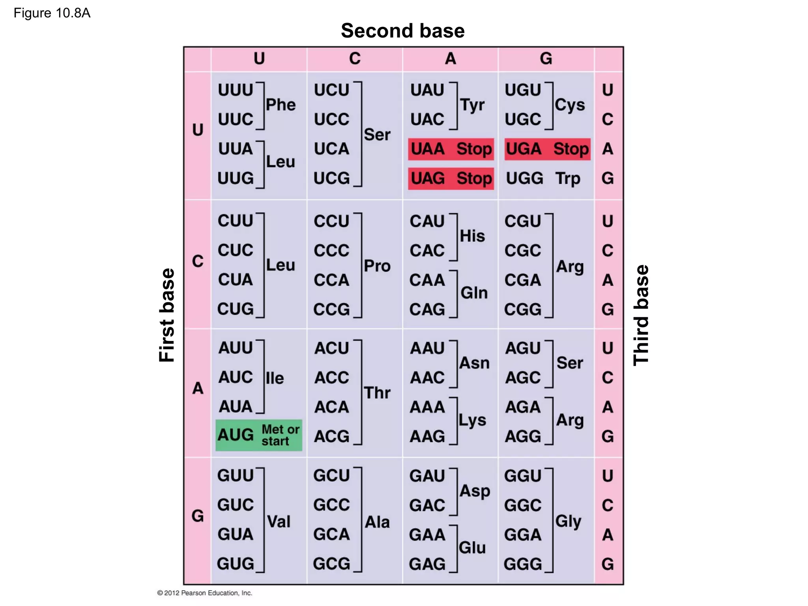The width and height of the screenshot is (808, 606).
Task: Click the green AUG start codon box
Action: pos(259,435)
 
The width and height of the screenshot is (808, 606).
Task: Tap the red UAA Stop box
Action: pos(451,149)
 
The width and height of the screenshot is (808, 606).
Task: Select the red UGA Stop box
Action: pos(547,149)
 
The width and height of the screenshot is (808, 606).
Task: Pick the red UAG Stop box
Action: pos(451,178)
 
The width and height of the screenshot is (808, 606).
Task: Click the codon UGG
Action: pos(524,178)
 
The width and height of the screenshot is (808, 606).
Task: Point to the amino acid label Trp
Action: pos(568,178)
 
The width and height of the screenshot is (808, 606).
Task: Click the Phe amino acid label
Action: pos(281,105)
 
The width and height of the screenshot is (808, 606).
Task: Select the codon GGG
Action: pos(523,564)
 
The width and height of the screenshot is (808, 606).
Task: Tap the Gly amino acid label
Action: pos(568,521)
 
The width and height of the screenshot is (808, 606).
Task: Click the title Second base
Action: pos(403,31)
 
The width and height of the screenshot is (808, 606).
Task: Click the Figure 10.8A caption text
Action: pos(52,13)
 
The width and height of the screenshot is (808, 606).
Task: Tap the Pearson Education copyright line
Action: pos(204,593)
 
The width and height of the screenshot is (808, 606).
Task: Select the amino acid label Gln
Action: pos(474,293)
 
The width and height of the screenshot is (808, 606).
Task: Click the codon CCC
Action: pos(331,251)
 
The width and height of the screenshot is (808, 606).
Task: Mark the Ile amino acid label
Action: pos(275,378)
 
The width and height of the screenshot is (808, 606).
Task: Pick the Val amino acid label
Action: pos(279,522)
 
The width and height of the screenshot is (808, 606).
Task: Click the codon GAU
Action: pos(427,476)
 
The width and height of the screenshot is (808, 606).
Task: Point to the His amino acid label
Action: pos(472,236)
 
